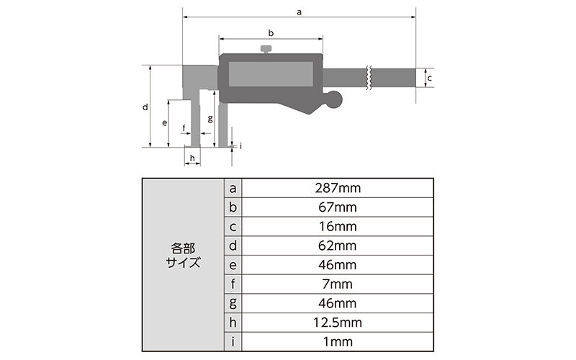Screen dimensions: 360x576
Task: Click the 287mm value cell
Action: [338, 188]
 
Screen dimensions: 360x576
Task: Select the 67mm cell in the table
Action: [338, 207]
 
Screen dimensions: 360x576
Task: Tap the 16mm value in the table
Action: [338, 226]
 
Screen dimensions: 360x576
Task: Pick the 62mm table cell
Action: [338, 246]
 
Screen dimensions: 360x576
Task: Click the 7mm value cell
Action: [338, 284]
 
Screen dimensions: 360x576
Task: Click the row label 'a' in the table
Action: [233, 188]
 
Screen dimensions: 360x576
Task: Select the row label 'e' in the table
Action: [233, 265]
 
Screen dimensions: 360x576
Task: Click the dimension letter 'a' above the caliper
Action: [299, 11]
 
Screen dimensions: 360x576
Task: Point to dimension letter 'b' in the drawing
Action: [271, 32]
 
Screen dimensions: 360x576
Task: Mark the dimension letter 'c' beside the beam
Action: [429, 77]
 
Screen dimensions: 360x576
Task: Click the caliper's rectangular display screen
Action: [271, 75]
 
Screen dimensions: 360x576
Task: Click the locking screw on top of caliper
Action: [266, 49]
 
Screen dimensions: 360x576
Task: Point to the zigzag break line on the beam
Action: [369, 77]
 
